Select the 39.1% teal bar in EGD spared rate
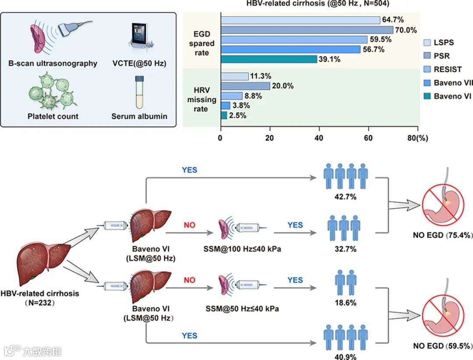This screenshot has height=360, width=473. [269, 59]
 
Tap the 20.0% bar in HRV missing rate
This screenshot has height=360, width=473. [245, 86]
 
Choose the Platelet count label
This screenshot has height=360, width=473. [53, 116]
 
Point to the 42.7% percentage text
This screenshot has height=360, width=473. [344, 197]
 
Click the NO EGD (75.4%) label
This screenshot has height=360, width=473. [442, 235]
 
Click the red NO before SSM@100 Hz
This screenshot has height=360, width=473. [189, 225]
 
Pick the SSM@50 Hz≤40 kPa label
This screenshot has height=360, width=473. [242, 309]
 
